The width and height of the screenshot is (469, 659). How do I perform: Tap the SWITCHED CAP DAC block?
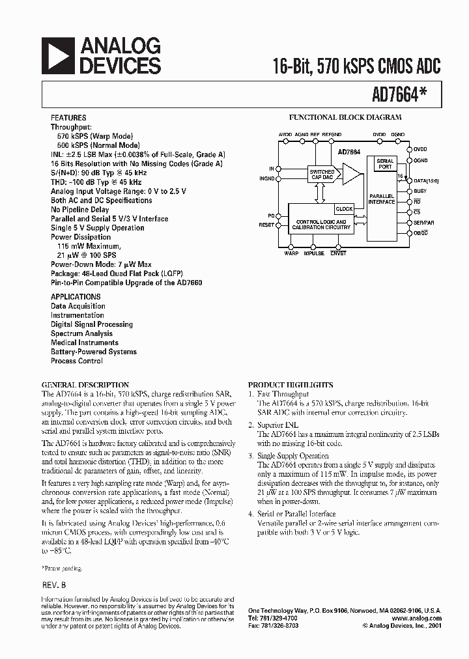tap(322, 175)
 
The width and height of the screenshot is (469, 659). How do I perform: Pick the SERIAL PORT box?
tap(385, 164)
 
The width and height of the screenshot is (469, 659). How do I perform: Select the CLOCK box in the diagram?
tap(343, 209)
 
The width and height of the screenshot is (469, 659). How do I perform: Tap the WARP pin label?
tap(291, 253)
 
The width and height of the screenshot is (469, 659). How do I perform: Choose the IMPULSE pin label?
tap(314, 253)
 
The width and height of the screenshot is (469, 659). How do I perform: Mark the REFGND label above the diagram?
tap(332, 133)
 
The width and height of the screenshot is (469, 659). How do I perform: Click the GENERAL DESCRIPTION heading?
tap(85, 385)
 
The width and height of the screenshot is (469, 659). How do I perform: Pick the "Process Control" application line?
tap(77, 361)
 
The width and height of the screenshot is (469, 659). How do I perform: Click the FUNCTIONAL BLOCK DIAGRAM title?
tap(345, 118)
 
